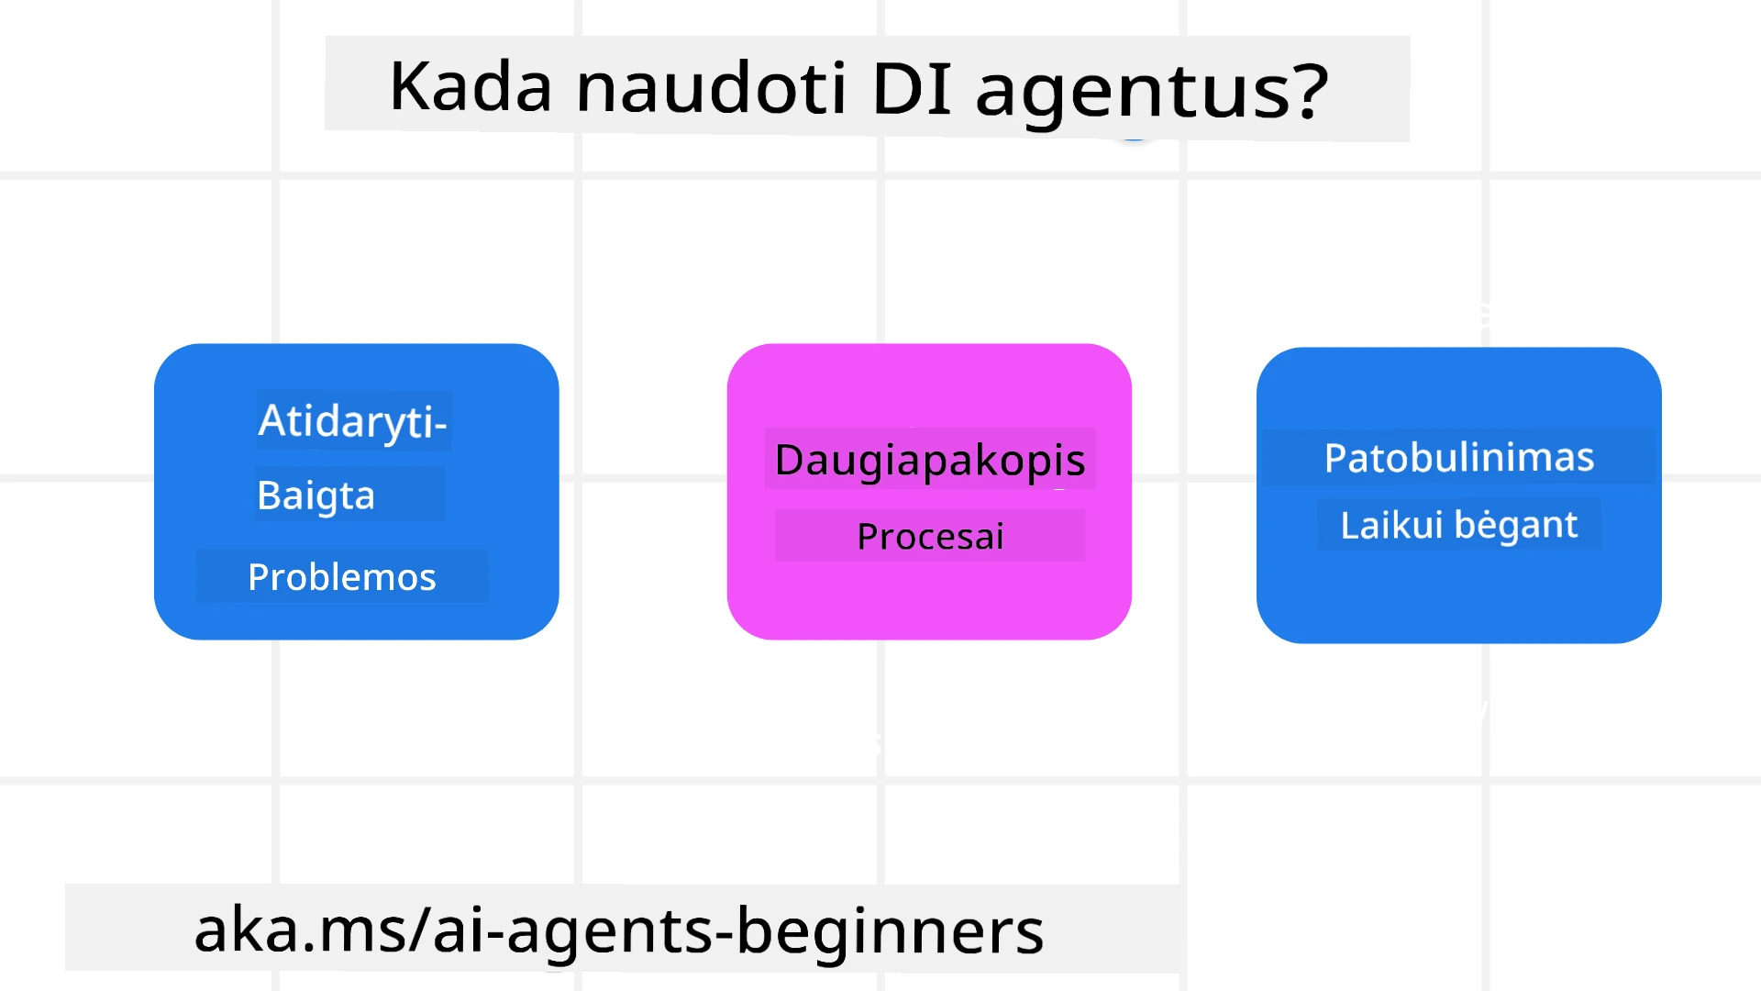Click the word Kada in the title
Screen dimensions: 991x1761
(471, 87)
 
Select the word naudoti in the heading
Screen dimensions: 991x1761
(710, 89)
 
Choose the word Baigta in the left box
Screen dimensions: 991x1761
(316, 495)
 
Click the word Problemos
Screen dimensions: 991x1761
(341, 577)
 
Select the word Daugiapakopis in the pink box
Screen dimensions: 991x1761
(929, 460)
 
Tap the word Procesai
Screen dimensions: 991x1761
(930, 537)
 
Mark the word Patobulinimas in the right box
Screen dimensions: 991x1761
(1458, 457)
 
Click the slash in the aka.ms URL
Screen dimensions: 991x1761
(420, 929)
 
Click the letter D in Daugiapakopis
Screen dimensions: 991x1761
(789, 460)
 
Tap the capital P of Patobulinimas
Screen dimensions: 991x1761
(1335, 457)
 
